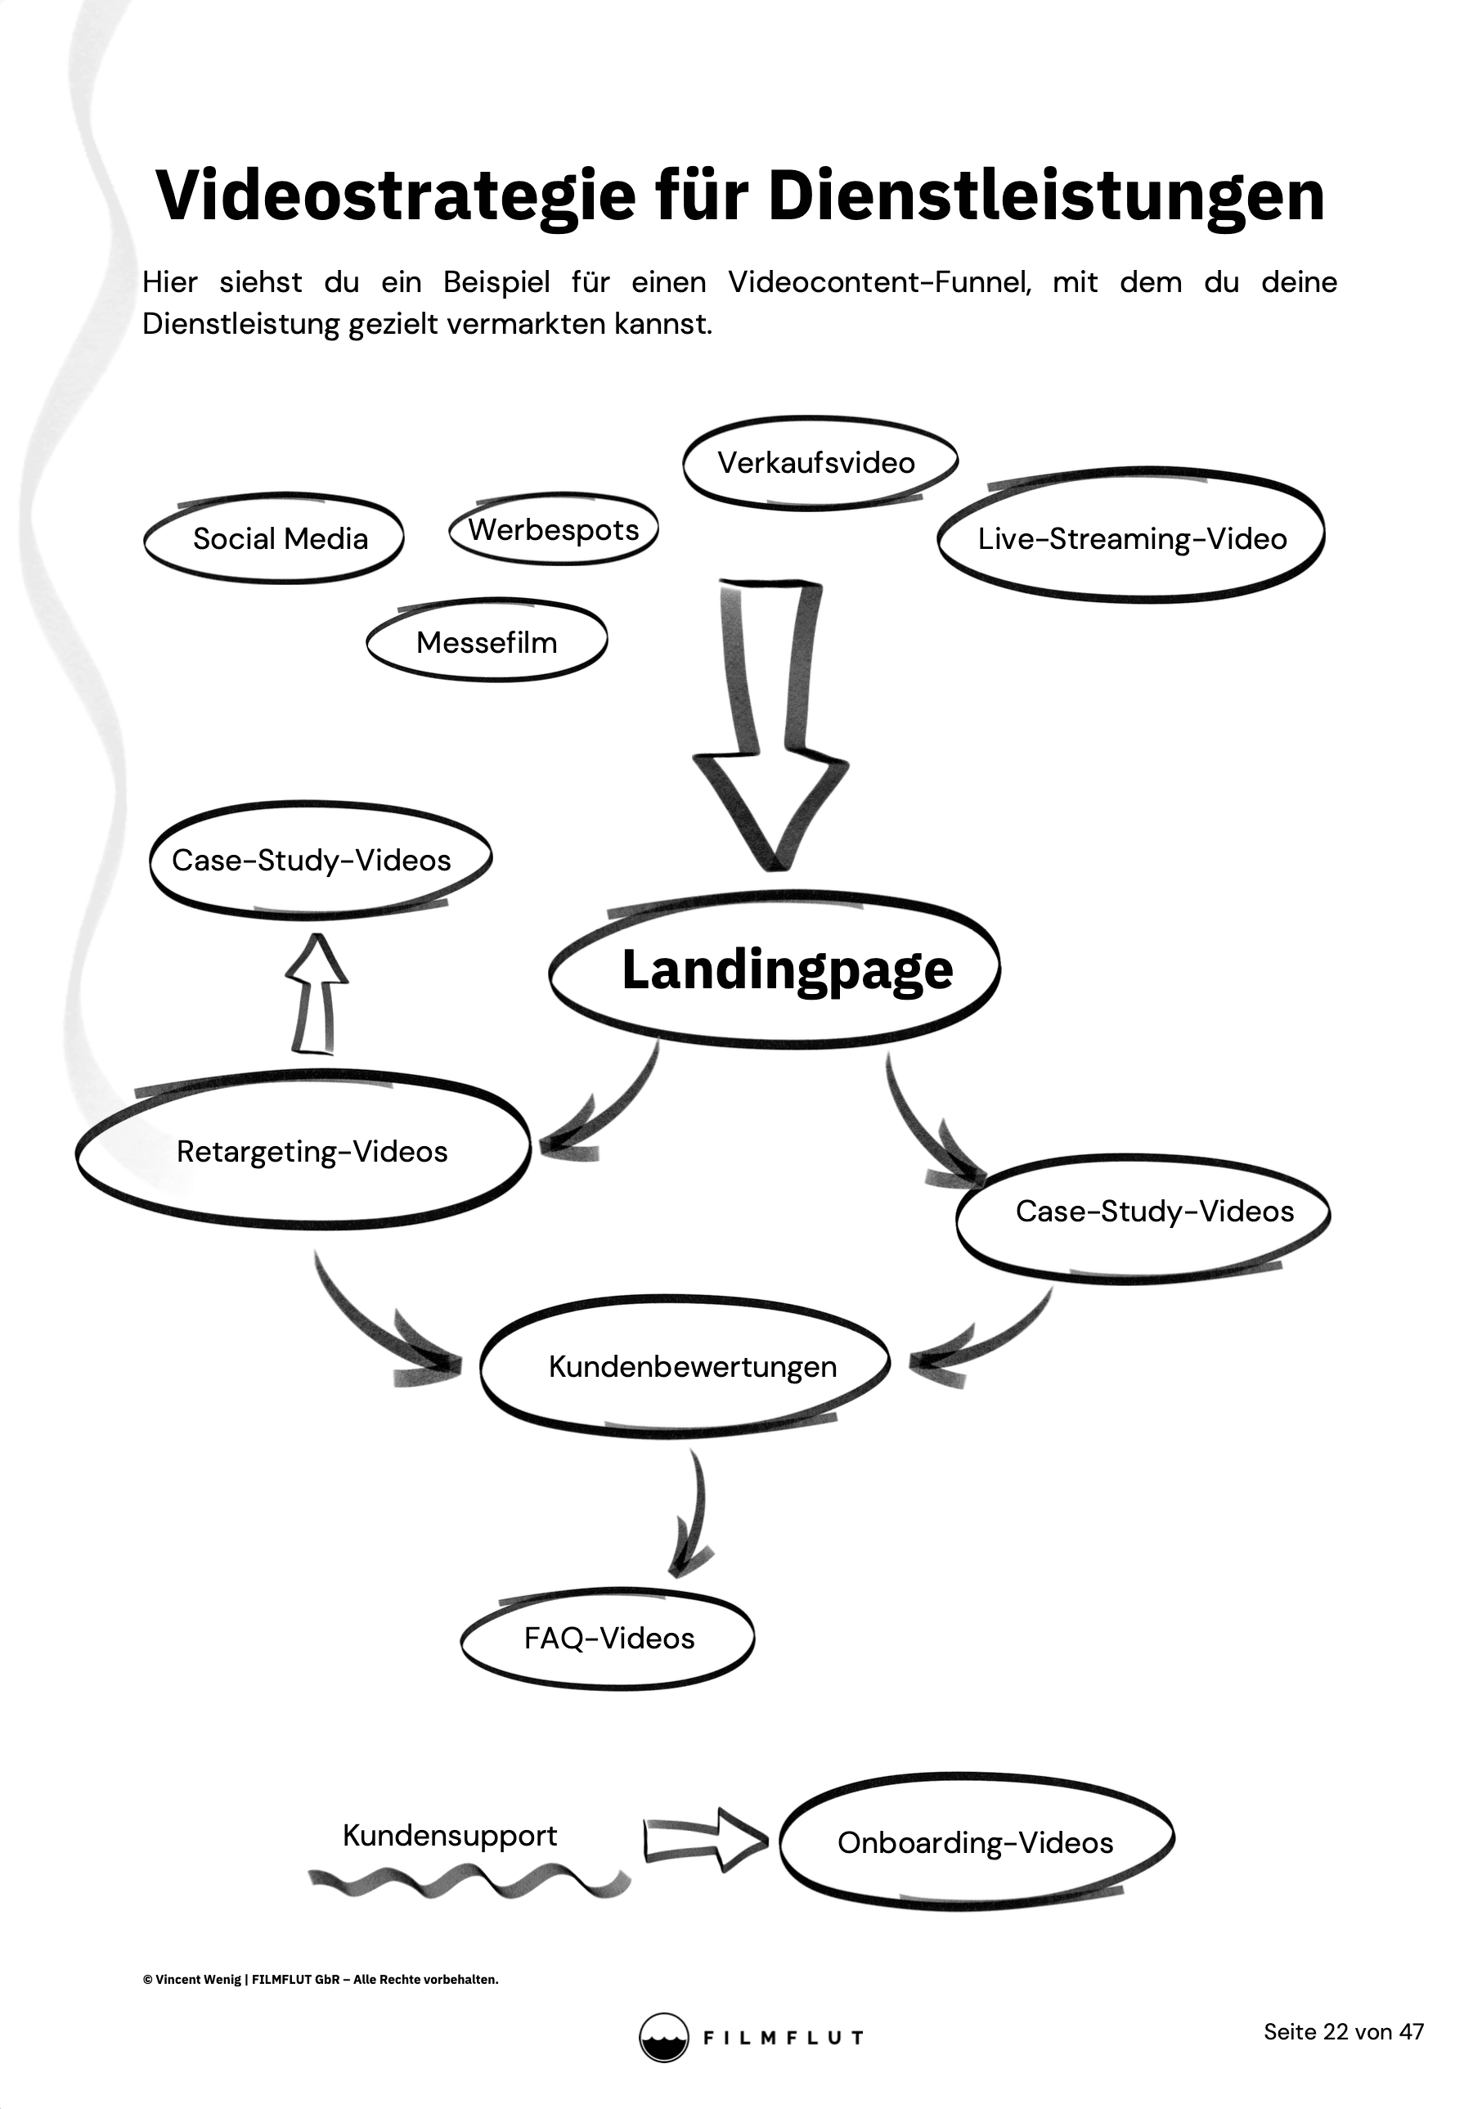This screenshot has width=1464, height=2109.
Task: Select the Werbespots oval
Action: point(554,529)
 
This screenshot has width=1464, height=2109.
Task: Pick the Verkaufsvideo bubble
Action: point(816,462)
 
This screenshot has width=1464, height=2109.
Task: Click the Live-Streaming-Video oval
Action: point(1131,537)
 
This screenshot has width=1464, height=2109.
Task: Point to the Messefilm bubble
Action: point(486,642)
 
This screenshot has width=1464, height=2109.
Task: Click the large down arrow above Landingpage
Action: point(770,725)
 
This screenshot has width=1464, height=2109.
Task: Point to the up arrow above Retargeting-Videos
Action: point(315,995)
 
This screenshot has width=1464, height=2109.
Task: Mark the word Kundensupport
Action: point(450,1835)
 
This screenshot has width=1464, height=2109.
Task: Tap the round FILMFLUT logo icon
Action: point(663,2038)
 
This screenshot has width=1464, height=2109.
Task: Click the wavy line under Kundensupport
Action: point(468,1882)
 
